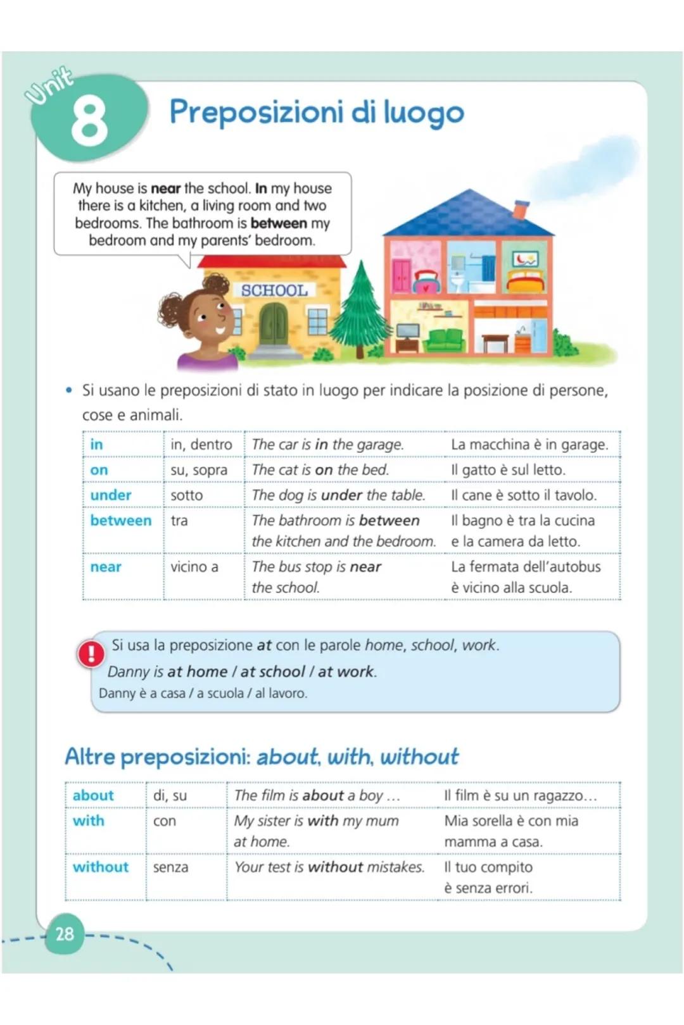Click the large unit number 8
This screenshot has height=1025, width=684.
point(89,121)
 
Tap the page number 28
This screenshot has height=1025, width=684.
point(65,933)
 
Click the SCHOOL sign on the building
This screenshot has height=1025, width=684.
point(274,290)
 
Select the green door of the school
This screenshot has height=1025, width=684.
point(274,323)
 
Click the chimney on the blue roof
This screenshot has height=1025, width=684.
point(520,209)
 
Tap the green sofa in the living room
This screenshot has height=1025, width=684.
point(445,339)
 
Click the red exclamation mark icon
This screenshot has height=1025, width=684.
point(91,654)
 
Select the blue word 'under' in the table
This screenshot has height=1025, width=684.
point(111,495)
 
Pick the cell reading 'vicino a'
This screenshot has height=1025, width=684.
point(194,566)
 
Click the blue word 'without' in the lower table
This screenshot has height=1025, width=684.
point(101,867)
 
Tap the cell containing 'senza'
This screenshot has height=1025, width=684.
point(170,867)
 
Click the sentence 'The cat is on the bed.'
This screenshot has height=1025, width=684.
point(320,469)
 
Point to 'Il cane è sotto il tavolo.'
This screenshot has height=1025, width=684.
point(524,495)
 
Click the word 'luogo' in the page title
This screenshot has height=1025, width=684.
point(424,113)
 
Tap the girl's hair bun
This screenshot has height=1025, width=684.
point(216,284)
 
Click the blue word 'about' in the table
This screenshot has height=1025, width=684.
point(93,795)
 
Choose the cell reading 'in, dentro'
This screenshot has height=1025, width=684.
point(201,444)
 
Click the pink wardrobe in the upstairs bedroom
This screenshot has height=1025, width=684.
point(401,275)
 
